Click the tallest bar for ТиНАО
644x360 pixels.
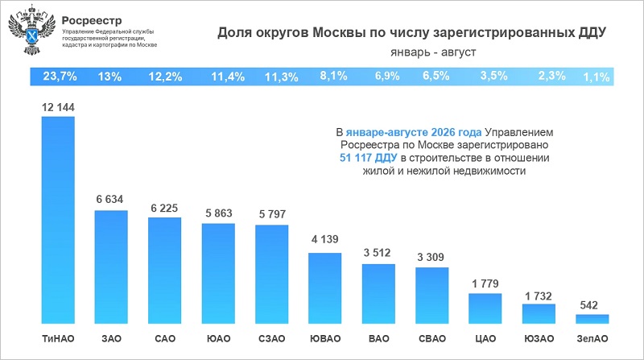[x=58, y=220]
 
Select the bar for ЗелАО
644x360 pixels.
[x=592, y=319]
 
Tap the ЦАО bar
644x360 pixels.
[x=485, y=308]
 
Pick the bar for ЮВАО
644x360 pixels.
[x=325, y=288]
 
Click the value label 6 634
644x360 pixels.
[x=109, y=199]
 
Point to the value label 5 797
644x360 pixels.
[x=272, y=214]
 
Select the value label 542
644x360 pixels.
[x=588, y=305]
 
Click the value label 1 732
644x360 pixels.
[x=539, y=296]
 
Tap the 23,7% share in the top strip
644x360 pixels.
[x=60, y=77]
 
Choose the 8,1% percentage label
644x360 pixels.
[x=333, y=76]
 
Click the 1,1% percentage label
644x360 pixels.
[x=597, y=77]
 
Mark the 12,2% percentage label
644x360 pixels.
[x=165, y=77]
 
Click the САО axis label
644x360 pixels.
[x=165, y=338]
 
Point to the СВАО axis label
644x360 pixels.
[x=432, y=338]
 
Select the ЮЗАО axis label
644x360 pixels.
[x=539, y=338]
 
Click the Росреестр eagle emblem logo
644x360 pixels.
[x=31, y=30]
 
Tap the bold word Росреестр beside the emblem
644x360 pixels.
[x=92, y=21]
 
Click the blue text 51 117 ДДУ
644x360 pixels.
[x=369, y=158]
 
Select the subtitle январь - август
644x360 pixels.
[x=433, y=52]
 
